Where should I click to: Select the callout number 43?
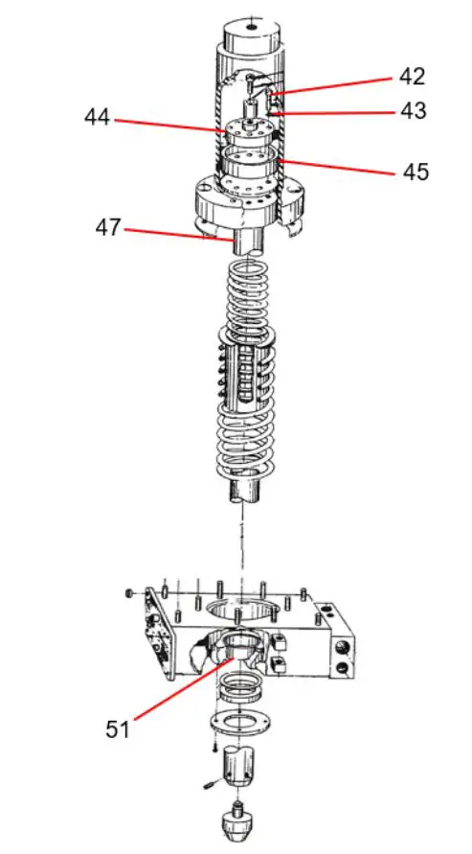413,112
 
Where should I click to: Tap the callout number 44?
97,118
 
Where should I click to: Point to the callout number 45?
415,173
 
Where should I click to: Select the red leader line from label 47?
178,235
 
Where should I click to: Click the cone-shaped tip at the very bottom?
236,822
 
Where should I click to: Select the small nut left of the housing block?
129,592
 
